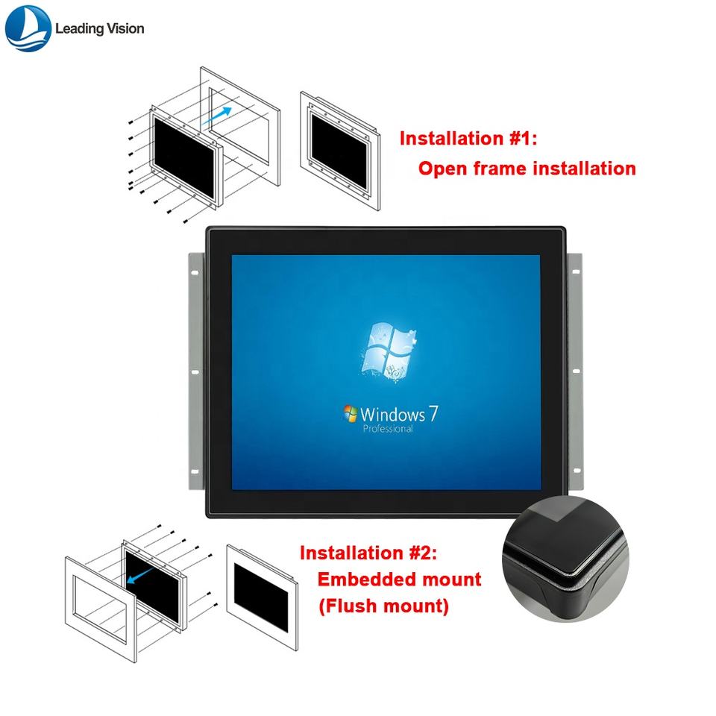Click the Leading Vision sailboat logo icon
pos(28,28)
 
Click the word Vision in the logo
pos(121,29)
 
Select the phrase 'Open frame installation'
pos(527,169)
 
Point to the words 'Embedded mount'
pos(399,580)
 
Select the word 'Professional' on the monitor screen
pos(387,429)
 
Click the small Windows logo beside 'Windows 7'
pos(349,414)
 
